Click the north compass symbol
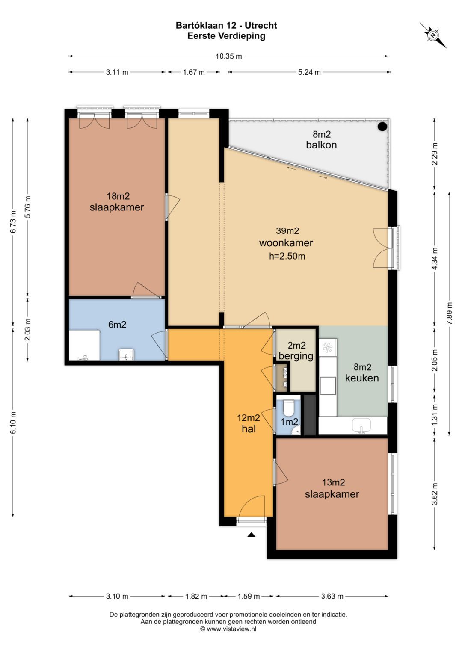[433, 35]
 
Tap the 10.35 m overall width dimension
[229, 56]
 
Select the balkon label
[321, 145]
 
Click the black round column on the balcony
[382, 126]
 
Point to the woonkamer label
[286, 243]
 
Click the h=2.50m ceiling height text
[287, 256]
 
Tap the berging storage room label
[296, 356]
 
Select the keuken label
[362, 378]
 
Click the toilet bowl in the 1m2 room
[289, 408]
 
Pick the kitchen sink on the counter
[361, 426]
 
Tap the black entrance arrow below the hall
[252, 535]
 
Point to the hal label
[249, 428]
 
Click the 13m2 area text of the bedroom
[333, 482]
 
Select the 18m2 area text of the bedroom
[118, 196]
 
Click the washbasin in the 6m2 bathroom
[126, 355]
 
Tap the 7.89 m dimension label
[449, 313]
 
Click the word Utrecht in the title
[261, 26]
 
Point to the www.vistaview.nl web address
[231, 637]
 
